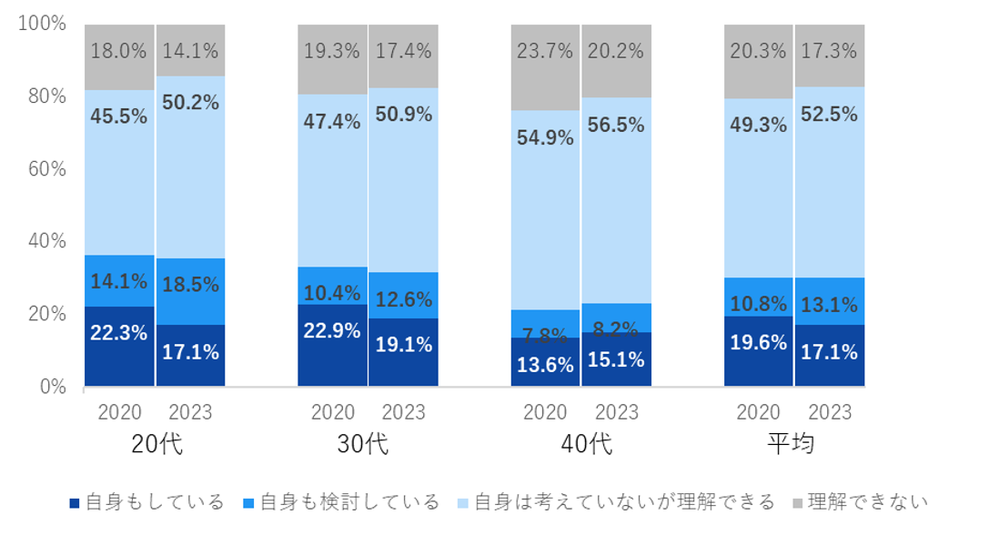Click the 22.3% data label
point(119,333)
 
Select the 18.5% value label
point(190,285)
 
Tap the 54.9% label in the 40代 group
point(545,138)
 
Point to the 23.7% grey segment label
point(545,51)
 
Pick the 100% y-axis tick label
point(43,24)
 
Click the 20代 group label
point(156,445)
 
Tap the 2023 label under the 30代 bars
point(404,412)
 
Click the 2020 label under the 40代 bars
point(545,412)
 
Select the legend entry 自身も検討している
point(339,502)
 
